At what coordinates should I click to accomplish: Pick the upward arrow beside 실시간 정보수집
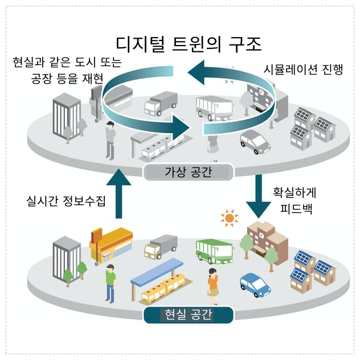(118, 192)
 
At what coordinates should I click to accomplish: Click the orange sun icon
(230, 218)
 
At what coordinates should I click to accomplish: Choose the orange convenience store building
(110, 244)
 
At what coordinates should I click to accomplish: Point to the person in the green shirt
(110, 282)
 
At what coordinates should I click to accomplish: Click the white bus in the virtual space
(214, 108)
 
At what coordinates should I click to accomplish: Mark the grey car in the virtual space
(255, 140)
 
